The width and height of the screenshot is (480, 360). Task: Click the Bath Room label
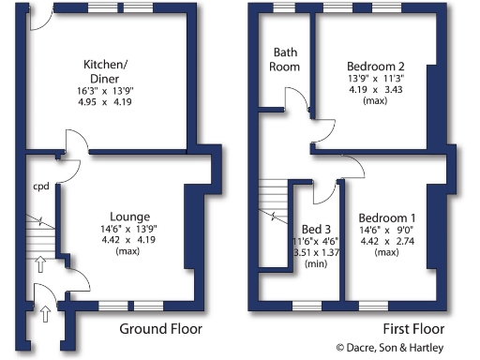(286, 59)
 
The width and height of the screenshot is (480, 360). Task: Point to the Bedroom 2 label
(375, 66)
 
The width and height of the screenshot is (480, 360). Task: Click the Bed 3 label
(316, 230)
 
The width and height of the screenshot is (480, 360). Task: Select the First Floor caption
(413, 329)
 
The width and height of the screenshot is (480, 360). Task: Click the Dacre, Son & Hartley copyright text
(403, 348)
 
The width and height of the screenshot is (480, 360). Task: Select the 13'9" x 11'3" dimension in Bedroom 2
(375, 80)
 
